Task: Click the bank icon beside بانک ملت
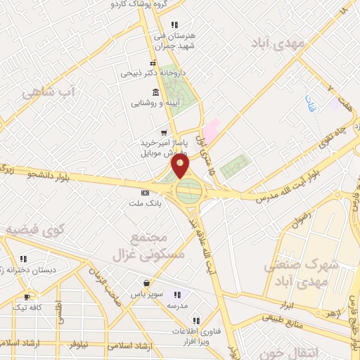(146, 193)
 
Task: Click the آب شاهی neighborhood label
(49, 91)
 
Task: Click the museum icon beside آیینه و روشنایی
(155, 92)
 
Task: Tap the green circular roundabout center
(188, 190)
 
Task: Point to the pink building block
(212, 129)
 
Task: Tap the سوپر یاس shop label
(149, 292)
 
